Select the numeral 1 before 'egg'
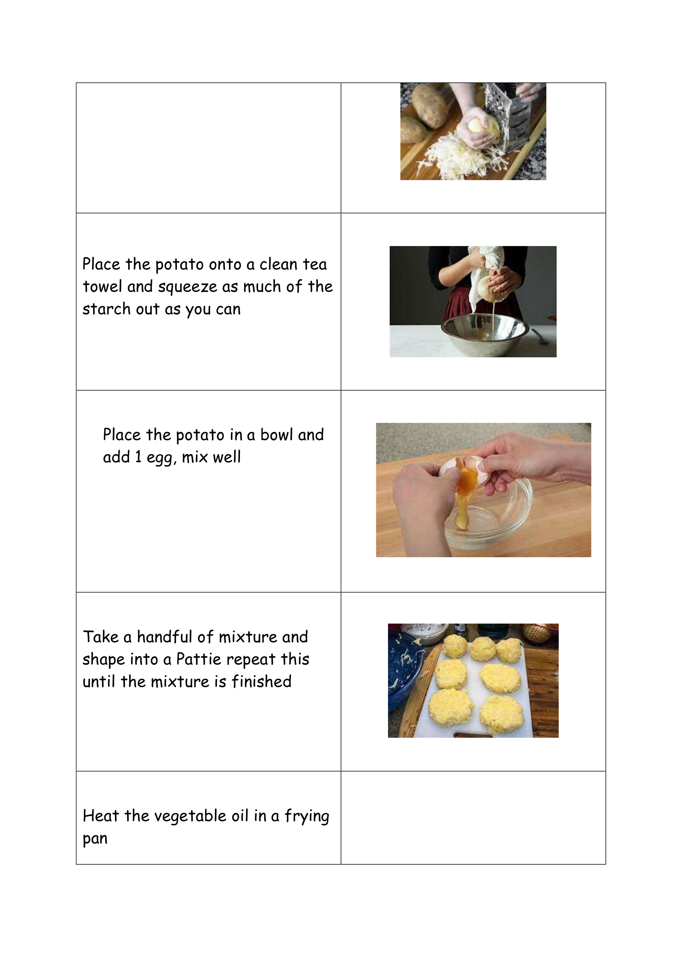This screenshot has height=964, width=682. pyautogui.click(x=138, y=457)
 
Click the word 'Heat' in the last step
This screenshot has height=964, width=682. pyautogui.click(x=101, y=815)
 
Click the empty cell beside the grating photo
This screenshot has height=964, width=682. pyautogui.click(x=208, y=148)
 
